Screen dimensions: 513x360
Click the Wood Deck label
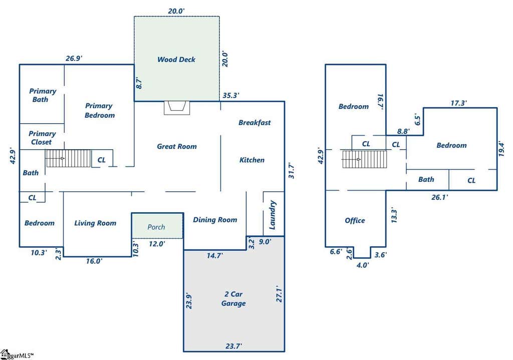tap(176, 60)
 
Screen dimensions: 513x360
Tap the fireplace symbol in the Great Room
tap(177, 108)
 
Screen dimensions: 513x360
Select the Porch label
tap(156, 227)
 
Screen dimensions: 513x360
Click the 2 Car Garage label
tap(233, 298)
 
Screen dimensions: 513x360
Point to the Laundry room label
tap(273, 215)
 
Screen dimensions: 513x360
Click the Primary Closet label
tap(42, 138)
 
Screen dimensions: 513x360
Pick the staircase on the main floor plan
tap(68, 159)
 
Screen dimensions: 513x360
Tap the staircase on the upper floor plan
tap(365, 159)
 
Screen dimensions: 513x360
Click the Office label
tap(355, 220)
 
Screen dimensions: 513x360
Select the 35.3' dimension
tap(230, 96)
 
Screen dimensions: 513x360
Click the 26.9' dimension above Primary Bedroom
tap(74, 58)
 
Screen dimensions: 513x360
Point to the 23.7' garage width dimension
tap(233, 345)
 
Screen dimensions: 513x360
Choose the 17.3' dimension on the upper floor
tap(458, 103)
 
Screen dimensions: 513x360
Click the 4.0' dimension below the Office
tap(363, 265)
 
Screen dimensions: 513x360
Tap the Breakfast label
tap(254, 123)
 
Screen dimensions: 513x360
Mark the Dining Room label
tap(215, 220)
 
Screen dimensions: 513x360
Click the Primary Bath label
tap(43, 95)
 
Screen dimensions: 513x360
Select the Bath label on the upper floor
tap(426, 179)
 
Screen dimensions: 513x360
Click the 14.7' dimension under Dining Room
tap(215, 255)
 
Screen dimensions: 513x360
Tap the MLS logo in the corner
tap(17, 355)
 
